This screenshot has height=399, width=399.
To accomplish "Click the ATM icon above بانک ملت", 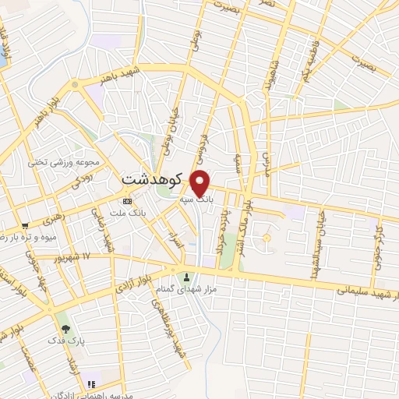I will [x=127, y=201].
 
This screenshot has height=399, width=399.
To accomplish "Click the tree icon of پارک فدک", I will [x=65, y=329].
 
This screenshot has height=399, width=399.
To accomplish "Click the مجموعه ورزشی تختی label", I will [x=68, y=163].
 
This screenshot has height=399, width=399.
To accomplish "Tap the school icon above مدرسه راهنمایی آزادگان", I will [x=92, y=383].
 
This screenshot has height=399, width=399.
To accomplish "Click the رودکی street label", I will [x=82, y=182].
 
